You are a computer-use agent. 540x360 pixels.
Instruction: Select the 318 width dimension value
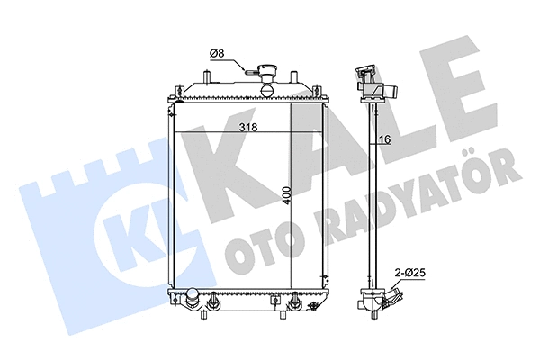click(x=247, y=128)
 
